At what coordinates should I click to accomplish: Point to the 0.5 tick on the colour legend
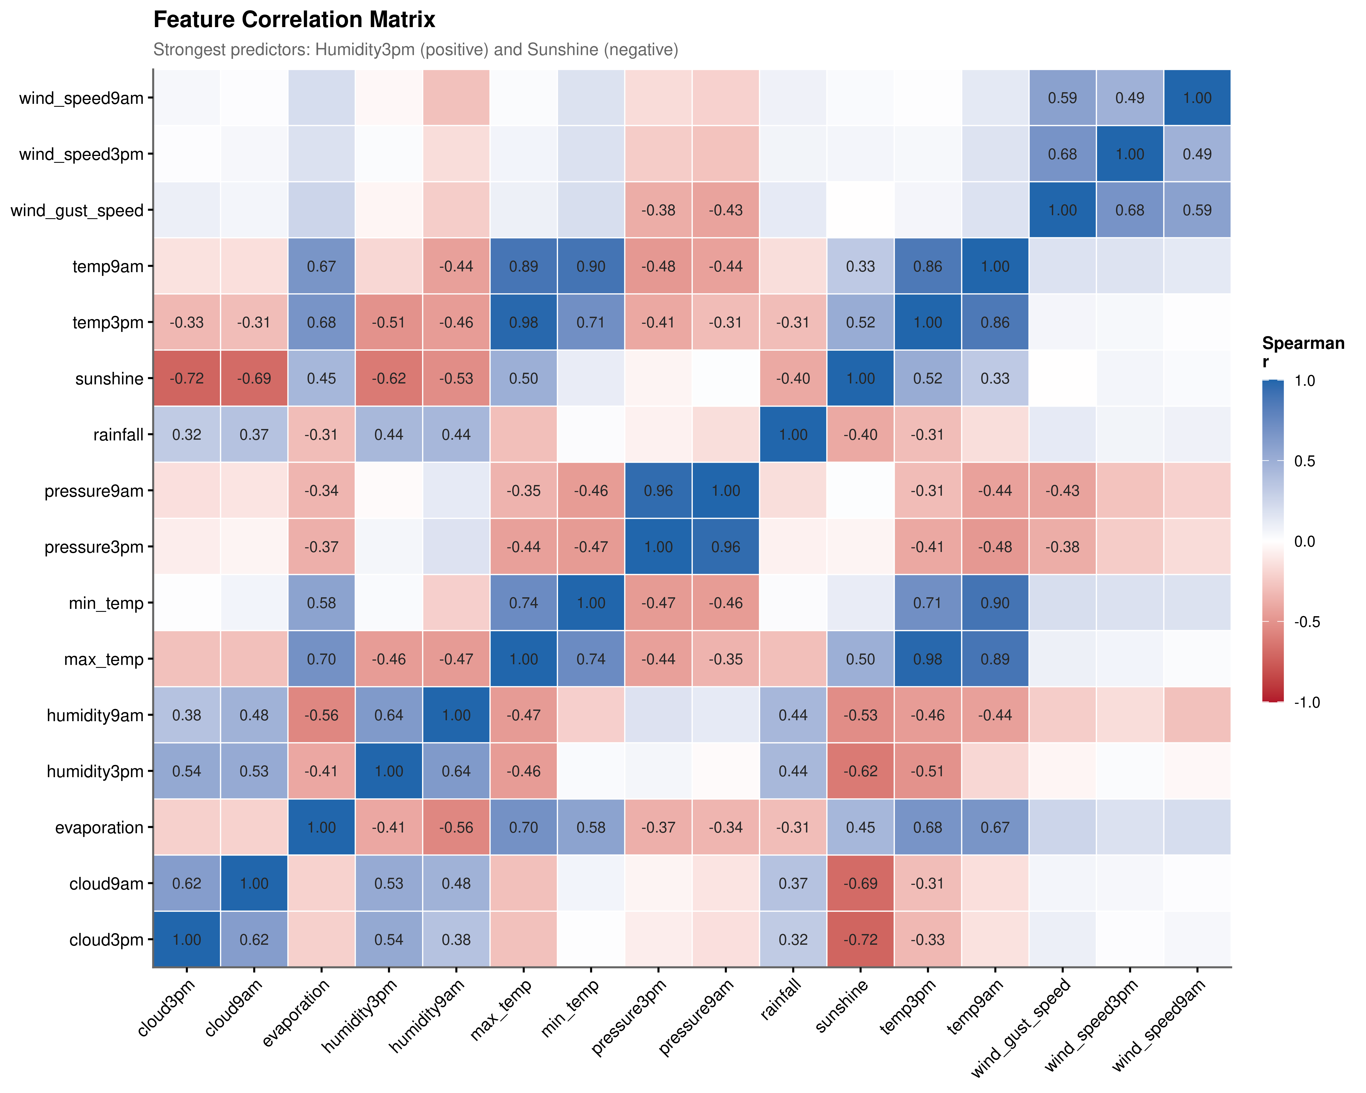(x=1305, y=461)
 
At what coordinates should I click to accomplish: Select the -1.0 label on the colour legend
(x=1306, y=702)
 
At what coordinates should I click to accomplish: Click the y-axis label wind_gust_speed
(x=77, y=210)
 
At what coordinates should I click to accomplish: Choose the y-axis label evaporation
(x=99, y=827)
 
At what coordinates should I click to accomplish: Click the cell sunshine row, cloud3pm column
(x=187, y=378)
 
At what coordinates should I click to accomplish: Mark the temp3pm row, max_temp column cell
(x=523, y=322)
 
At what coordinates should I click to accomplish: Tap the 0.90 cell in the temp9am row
(x=591, y=266)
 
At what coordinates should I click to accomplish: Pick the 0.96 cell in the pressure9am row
(x=658, y=490)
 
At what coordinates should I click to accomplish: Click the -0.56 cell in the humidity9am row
(x=321, y=715)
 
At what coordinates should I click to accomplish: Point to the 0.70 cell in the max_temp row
(x=321, y=659)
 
